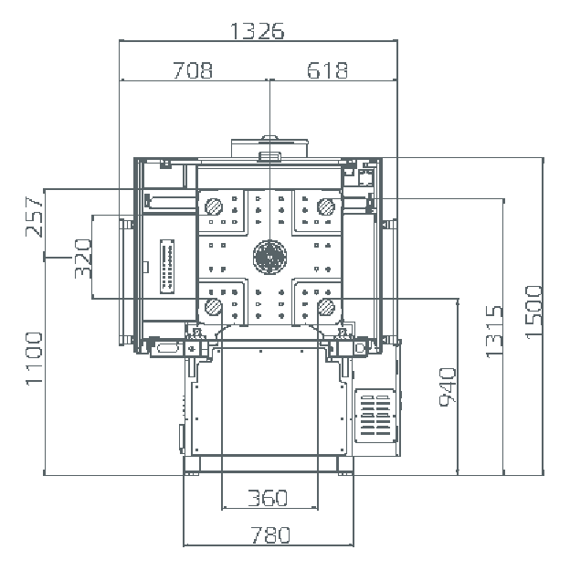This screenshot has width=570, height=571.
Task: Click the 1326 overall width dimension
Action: (257, 31)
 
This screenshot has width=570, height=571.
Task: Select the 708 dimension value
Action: (193, 70)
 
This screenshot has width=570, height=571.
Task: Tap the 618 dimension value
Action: (327, 70)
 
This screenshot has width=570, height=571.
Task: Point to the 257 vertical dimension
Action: (34, 217)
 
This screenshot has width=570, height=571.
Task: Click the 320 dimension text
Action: (83, 259)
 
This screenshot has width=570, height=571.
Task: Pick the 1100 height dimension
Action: (34, 358)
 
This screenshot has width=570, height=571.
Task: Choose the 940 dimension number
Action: (448, 387)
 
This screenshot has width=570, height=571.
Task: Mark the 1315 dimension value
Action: (494, 332)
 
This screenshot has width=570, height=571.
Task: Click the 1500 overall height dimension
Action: (534, 312)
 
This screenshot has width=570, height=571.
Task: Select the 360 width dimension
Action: (268, 498)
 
